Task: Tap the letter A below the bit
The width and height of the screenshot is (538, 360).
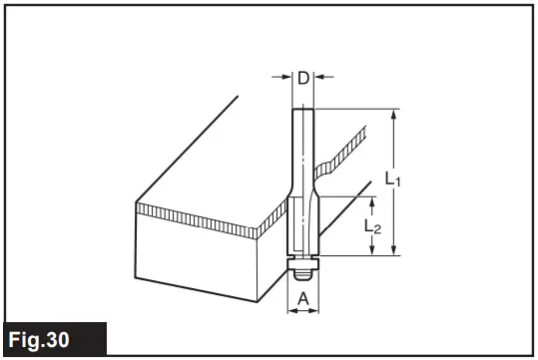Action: point(303,296)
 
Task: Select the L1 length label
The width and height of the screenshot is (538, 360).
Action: point(392,180)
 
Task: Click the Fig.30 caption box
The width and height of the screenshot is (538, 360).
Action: point(51,338)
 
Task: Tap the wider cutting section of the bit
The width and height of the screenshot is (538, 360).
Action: point(302,224)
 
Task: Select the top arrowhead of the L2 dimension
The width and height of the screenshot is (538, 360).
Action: point(372,199)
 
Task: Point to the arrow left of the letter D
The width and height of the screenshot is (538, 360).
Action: point(286,77)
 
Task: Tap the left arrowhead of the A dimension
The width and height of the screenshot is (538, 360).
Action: point(291,310)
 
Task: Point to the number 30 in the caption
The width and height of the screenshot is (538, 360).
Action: point(81,339)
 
